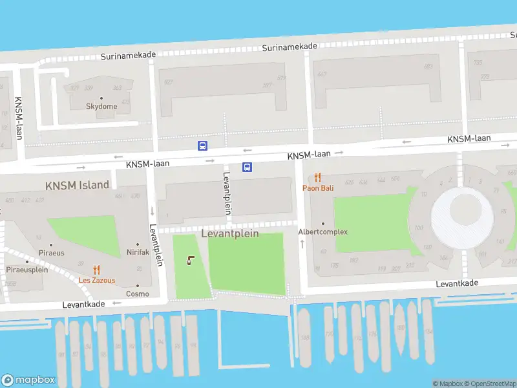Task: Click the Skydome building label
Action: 102,106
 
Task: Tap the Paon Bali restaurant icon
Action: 317,177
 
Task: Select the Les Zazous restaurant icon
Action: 96,270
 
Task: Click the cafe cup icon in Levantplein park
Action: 190,261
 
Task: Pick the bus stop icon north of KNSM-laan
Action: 202,145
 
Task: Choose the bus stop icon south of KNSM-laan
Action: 247,167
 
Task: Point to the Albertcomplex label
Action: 322,232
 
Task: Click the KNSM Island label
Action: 77,185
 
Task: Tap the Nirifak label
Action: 138,252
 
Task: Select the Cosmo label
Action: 137,294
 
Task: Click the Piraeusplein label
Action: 27,270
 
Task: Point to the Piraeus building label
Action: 51,253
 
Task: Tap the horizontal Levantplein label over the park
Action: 230,233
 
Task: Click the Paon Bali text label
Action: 318,188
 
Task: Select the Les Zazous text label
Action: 97,281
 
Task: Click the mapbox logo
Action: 28,380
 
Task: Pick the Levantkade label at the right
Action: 457,284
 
